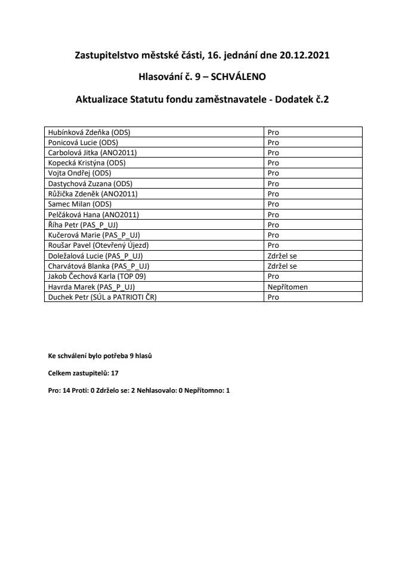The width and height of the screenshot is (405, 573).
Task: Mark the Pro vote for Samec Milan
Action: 274,204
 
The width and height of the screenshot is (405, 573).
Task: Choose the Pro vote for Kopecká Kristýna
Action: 274,163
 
